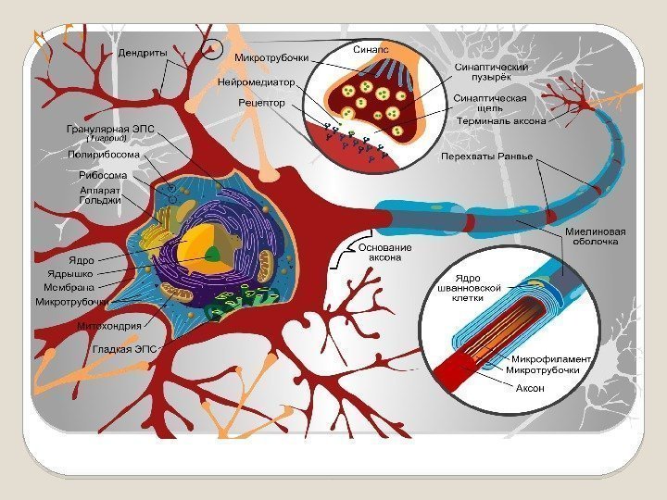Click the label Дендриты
(142, 53)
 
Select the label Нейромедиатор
(256, 81)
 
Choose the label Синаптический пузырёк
(491, 73)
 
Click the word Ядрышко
(71, 274)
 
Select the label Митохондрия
(109, 325)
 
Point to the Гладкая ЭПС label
(124, 349)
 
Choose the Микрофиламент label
(552, 358)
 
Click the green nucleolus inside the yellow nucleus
(213, 252)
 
